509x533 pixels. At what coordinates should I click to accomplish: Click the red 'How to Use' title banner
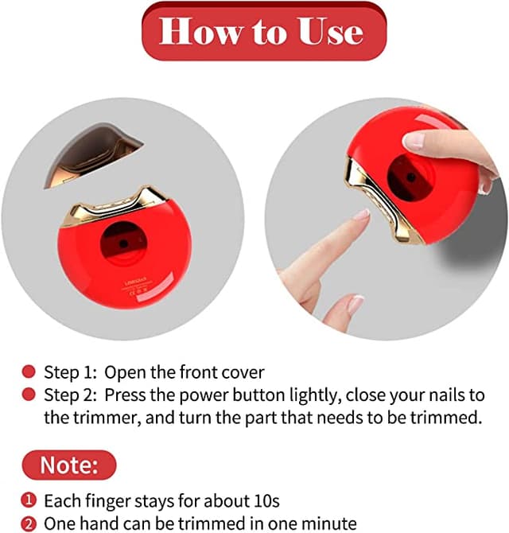click(x=262, y=32)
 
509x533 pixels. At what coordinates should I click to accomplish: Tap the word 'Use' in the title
click(x=328, y=32)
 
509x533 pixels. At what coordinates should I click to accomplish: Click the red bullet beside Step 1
click(x=29, y=372)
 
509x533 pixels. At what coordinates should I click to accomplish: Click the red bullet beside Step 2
click(x=29, y=394)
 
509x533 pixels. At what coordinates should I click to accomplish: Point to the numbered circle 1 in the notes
click(x=29, y=501)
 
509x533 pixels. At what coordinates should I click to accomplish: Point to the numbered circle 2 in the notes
click(x=29, y=523)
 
